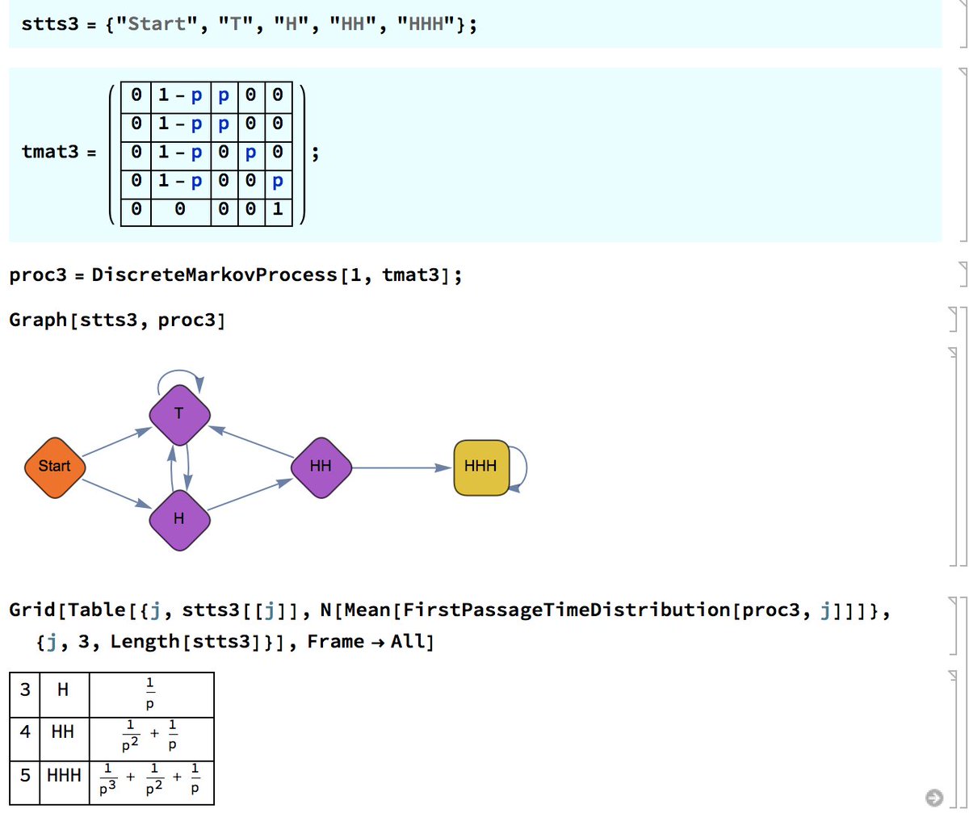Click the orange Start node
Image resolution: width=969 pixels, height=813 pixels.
tap(55, 466)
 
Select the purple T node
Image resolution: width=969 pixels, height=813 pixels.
tap(179, 413)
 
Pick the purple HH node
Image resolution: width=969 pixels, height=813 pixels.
tap(321, 467)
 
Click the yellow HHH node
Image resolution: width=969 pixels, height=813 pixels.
tap(481, 467)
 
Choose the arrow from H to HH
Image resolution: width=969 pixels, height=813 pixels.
tap(250, 494)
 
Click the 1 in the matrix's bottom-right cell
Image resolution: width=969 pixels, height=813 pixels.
tap(277, 210)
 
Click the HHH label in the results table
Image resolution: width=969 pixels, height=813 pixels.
tap(64, 776)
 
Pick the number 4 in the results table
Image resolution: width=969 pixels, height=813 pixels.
tap(25, 733)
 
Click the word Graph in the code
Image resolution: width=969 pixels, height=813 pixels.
tap(38, 320)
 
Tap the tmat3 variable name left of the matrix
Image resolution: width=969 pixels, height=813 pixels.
tap(52, 152)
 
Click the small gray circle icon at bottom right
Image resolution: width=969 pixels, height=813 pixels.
tap(934, 798)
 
